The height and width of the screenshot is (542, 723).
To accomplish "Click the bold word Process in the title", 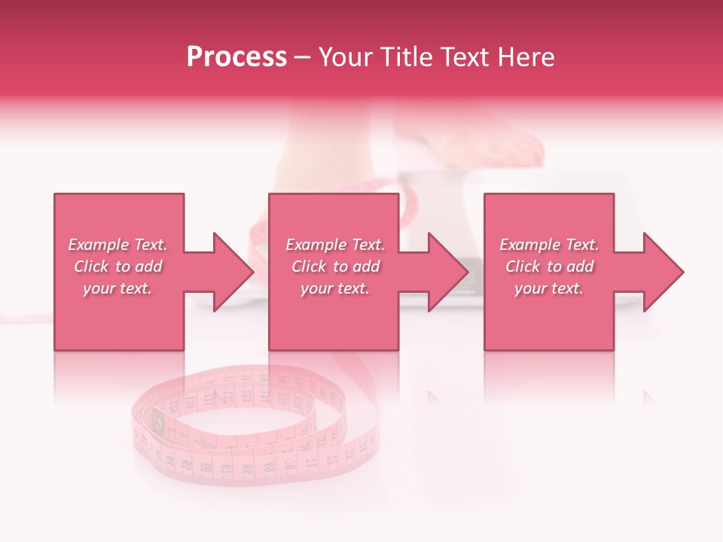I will pos(236,57).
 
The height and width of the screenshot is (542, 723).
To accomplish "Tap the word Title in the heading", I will pos(407,57).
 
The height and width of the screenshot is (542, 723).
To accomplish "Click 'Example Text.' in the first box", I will pos(117,245).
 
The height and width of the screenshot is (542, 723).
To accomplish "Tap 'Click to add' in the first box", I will pos(117,266).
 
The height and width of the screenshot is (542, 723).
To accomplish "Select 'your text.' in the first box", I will pos(117,288).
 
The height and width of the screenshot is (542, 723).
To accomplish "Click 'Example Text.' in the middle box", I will pos(335,245).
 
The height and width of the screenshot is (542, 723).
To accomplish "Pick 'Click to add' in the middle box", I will pos(335,266).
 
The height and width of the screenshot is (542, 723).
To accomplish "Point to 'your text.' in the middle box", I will pos(335,288).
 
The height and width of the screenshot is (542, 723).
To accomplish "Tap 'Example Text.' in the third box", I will pos(549,245).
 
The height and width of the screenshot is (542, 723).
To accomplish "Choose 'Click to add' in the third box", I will pos(549,266).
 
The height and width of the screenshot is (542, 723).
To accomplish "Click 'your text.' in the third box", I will pos(549,288).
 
